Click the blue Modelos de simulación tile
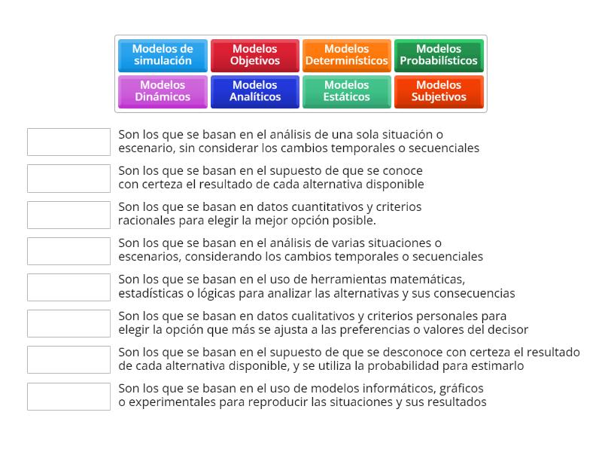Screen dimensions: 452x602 coord(163,55)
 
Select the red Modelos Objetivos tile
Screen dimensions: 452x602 coord(254,55)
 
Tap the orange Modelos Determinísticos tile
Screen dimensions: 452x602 coord(346,55)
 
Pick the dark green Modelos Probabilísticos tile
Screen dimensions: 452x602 coord(439,55)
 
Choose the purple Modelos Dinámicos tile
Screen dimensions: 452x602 coord(163,91)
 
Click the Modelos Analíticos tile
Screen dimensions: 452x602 coord(254,91)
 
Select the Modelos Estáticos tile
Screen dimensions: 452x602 coord(346,91)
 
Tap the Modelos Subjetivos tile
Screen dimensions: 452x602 coord(439,91)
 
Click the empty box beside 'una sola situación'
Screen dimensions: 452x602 coord(68,142)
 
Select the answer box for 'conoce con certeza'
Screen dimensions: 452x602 coord(68,178)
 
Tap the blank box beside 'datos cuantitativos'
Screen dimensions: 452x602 coord(68,214)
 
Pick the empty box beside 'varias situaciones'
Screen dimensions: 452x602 coord(68,250)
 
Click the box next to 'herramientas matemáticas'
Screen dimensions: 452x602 coord(68,286)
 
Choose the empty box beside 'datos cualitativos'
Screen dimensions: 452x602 coord(68,323)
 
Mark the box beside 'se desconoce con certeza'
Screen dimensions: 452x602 coord(68,359)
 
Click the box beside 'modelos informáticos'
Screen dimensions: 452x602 coord(68,395)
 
